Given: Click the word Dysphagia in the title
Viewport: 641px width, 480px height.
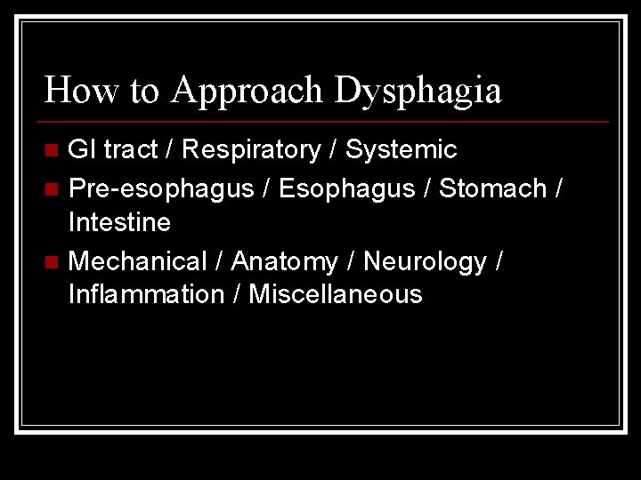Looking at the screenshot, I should tap(418, 91).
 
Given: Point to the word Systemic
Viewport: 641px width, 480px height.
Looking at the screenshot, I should tap(401, 150).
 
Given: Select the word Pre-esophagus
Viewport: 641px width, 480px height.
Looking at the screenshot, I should tap(160, 188).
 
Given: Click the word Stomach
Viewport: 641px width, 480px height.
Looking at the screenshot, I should tap(493, 188).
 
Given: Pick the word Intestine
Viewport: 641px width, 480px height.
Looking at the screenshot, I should tap(119, 222).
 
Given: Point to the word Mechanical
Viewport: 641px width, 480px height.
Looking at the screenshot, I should tap(137, 261).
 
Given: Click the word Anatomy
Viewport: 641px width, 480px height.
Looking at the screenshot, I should tap(284, 261).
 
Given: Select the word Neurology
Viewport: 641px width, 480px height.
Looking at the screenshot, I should tap(425, 261).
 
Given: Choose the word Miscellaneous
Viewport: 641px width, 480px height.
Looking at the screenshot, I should tap(336, 294).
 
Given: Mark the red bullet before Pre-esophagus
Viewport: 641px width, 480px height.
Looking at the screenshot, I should tap(53, 189).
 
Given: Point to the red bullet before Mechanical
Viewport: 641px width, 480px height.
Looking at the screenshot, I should tap(53, 262).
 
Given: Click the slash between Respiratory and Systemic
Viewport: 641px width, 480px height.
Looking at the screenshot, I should tap(332, 150).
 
